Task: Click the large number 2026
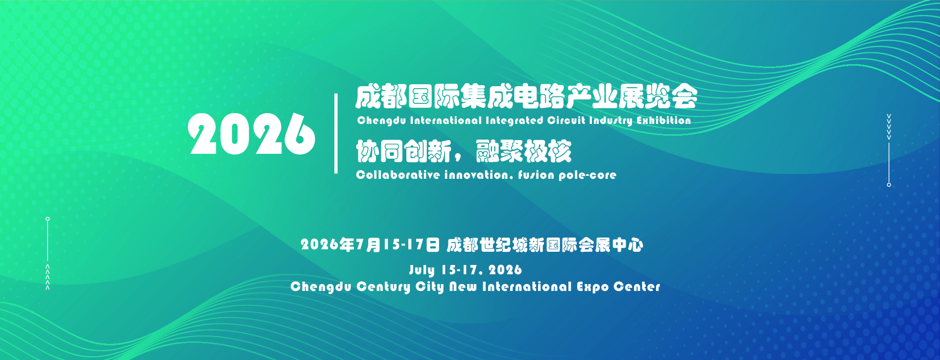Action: (x=252, y=134)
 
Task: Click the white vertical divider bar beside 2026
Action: (x=336, y=133)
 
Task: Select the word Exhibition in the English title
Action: (x=663, y=120)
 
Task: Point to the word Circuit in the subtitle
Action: (x=566, y=120)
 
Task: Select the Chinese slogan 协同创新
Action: (x=403, y=151)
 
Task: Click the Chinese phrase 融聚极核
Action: (x=523, y=151)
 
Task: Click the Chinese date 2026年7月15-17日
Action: (x=370, y=244)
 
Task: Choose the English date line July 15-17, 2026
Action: (x=466, y=270)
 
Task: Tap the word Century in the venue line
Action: (x=383, y=287)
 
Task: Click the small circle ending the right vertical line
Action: (x=889, y=185)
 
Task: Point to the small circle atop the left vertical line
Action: (x=47, y=219)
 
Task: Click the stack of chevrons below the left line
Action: (x=47, y=277)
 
